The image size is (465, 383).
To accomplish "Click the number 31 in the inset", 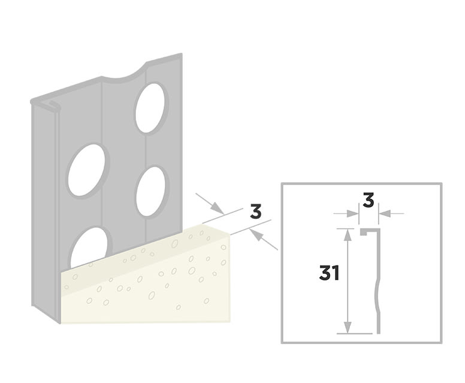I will [x=330, y=273].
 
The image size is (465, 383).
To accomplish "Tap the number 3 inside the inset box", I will [x=369, y=200].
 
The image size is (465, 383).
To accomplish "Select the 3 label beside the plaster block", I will [x=256, y=212].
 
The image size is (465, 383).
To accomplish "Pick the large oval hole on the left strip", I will [x=89, y=170].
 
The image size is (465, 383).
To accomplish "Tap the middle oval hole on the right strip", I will [x=150, y=191].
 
